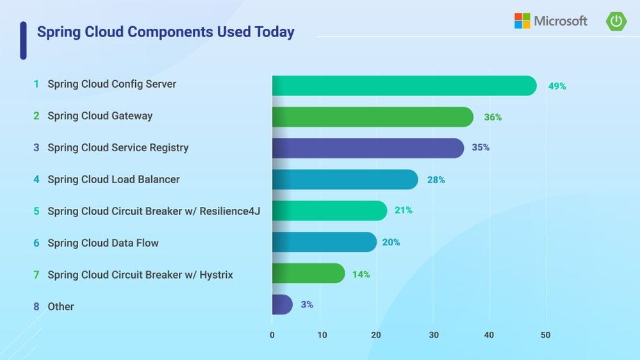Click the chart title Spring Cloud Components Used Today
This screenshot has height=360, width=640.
165,32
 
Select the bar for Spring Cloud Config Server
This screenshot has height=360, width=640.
404,86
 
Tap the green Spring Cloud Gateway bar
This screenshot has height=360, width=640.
372,117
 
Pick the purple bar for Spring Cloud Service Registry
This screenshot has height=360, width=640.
368,148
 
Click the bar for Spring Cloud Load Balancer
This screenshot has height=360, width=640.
345,180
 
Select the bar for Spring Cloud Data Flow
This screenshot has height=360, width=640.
324,242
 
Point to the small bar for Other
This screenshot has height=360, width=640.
282,305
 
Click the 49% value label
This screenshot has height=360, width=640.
557,86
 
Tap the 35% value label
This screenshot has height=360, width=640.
480,147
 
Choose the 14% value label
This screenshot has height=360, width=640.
361,274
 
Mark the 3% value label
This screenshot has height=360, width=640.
307,305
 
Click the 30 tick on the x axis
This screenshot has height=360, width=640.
434,335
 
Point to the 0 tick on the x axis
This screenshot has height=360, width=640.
272,335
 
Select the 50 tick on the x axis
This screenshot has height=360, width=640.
545,335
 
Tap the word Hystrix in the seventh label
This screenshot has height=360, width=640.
216,275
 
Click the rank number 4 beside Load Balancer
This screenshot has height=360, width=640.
37,179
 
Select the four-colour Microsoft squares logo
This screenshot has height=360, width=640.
522,21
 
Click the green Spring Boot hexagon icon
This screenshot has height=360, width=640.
616,21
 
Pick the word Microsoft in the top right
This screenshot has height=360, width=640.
561,21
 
